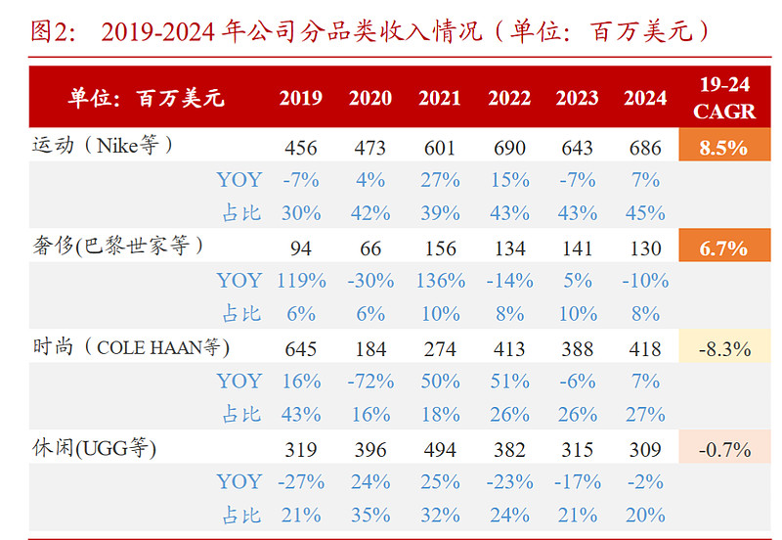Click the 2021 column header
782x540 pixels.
(440, 98)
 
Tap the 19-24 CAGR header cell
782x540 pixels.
(724, 98)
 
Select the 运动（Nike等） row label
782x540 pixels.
(102, 147)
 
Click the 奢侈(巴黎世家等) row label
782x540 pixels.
(117, 247)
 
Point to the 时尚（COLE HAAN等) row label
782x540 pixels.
(130, 347)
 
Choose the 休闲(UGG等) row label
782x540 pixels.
(94, 449)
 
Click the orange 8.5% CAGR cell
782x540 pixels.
(724, 148)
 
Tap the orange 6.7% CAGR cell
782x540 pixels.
(724, 248)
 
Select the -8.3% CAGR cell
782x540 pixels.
(724, 348)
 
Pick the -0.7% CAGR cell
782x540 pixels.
(724, 450)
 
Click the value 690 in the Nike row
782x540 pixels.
(508, 149)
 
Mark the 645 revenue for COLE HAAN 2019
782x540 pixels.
(301, 349)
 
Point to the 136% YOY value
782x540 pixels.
(440, 281)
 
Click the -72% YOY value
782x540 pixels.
(370, 382)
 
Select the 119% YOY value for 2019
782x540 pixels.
(301, 281)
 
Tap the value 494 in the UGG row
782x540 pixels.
(440, 450)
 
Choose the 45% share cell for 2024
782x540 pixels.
(645, 213)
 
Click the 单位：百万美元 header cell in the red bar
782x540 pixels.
(147, 98)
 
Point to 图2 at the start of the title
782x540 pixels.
(53, 32)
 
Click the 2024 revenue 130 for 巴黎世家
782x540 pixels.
(645, 248)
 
